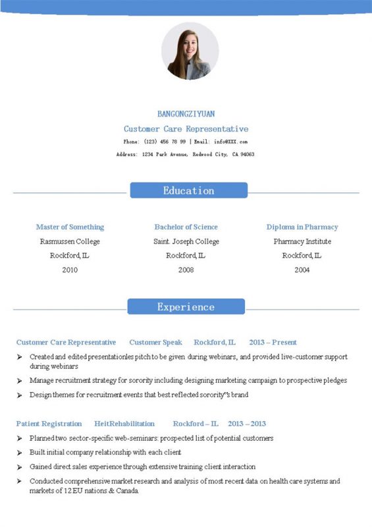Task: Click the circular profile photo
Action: [190, 51]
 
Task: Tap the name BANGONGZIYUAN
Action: [186, 114]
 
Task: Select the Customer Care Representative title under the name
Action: [186, 129]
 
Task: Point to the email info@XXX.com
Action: [230, 142]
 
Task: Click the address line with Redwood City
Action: [185, 154]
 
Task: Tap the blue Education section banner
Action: [188, 190]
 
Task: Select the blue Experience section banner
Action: [186, 307]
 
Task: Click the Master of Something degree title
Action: [70, 227]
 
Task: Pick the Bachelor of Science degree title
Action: [186, 227]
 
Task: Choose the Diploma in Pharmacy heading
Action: [302, 227]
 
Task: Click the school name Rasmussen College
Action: [70, 242]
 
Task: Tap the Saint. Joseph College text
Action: [186, 242]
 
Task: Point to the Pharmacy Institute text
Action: [302, 242]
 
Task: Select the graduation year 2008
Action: [186, 270]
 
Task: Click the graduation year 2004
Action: [302, 270]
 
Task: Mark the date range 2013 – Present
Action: [273, 343]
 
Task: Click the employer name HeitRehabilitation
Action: [124, 424]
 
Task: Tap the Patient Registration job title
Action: [49, 424]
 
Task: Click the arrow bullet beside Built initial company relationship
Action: [20, 453]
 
